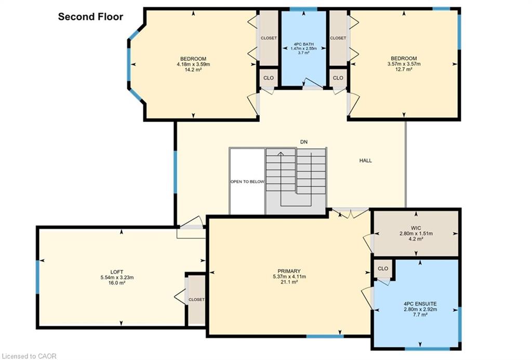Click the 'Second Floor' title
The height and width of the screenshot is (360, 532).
pyautogui.click(x=90, y=17)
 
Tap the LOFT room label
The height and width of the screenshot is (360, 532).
pyautogui.click(x=117, y=272)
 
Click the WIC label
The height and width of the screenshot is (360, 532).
pyautogui.click(x=416, y=228)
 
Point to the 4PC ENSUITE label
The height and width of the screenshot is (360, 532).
pyautogui.click(x=420, y=304)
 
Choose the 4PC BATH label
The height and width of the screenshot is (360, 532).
pyautogui.click(x=303, y=44)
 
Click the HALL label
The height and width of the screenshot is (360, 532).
pyautogui.click(x=365, y=161)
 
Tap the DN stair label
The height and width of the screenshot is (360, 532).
pyautogui.click(x=304, y=142)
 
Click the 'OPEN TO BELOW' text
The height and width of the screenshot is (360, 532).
pyautogui.click(x=247, y=181)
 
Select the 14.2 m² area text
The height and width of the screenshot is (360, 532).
pyautogui.click(x=193, y=70)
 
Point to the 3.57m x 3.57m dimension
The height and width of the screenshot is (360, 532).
pyautogui.click(x=404, y=64)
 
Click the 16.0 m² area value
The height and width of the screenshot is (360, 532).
pyautogui.click(x=117, y=283)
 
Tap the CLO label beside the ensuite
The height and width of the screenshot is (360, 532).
pyautogui.click(x=383, y=269)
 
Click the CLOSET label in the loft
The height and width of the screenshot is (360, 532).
pyautogui.click(x=196, y=300)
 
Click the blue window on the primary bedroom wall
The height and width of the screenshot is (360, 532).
pyautogui.click(x=325, y=336)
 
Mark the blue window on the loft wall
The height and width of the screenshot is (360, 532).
pyautogui.click(x=37, y=276)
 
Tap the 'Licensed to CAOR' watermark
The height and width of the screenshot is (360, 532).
pyautogui.click(x=29, y=356)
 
